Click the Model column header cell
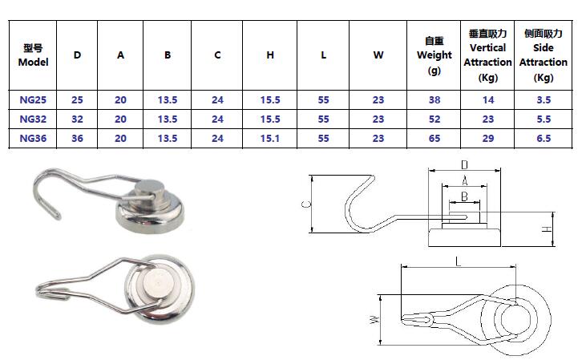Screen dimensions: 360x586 point(33,55)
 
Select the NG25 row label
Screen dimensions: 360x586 point(33,101)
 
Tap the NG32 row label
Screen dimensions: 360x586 point(33,119)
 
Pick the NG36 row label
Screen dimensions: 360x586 point(33,137)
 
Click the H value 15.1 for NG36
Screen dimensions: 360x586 point(270,137)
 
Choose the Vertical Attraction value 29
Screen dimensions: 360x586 point(487,137)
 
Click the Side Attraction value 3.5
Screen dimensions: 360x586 point(544,101)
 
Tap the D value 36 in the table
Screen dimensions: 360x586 point(77,137)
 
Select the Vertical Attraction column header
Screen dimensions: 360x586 point(487,55)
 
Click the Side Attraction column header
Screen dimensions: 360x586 point(544,55)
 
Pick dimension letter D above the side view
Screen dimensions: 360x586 point(463,165)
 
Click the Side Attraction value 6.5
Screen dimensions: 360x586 point(544,137)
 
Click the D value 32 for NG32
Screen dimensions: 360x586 point(77,119)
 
